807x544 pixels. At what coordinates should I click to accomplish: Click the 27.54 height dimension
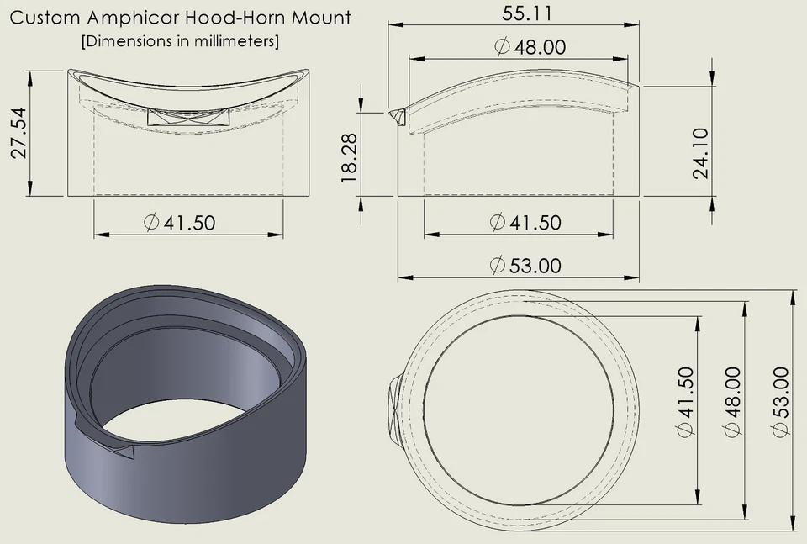click(x=18, y=133)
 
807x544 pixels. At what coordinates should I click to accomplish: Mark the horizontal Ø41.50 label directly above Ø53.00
click(x=525, y=223)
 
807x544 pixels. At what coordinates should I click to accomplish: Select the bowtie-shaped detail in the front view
click(x=189, y=118)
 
